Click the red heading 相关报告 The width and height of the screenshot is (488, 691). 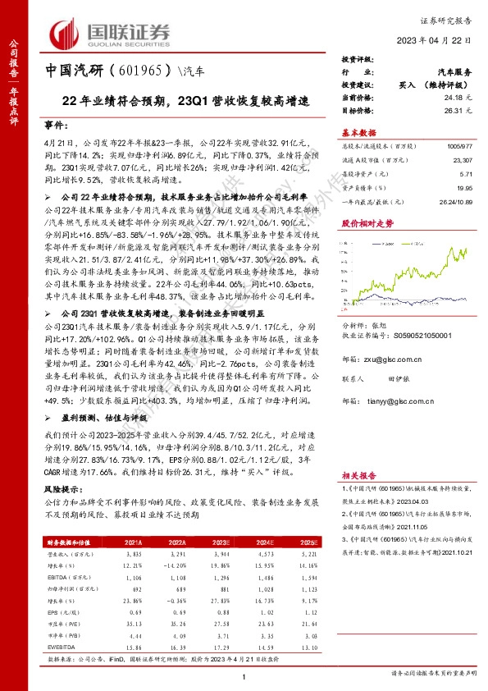click(358, 475)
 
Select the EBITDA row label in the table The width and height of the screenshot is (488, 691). click(56, 576)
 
